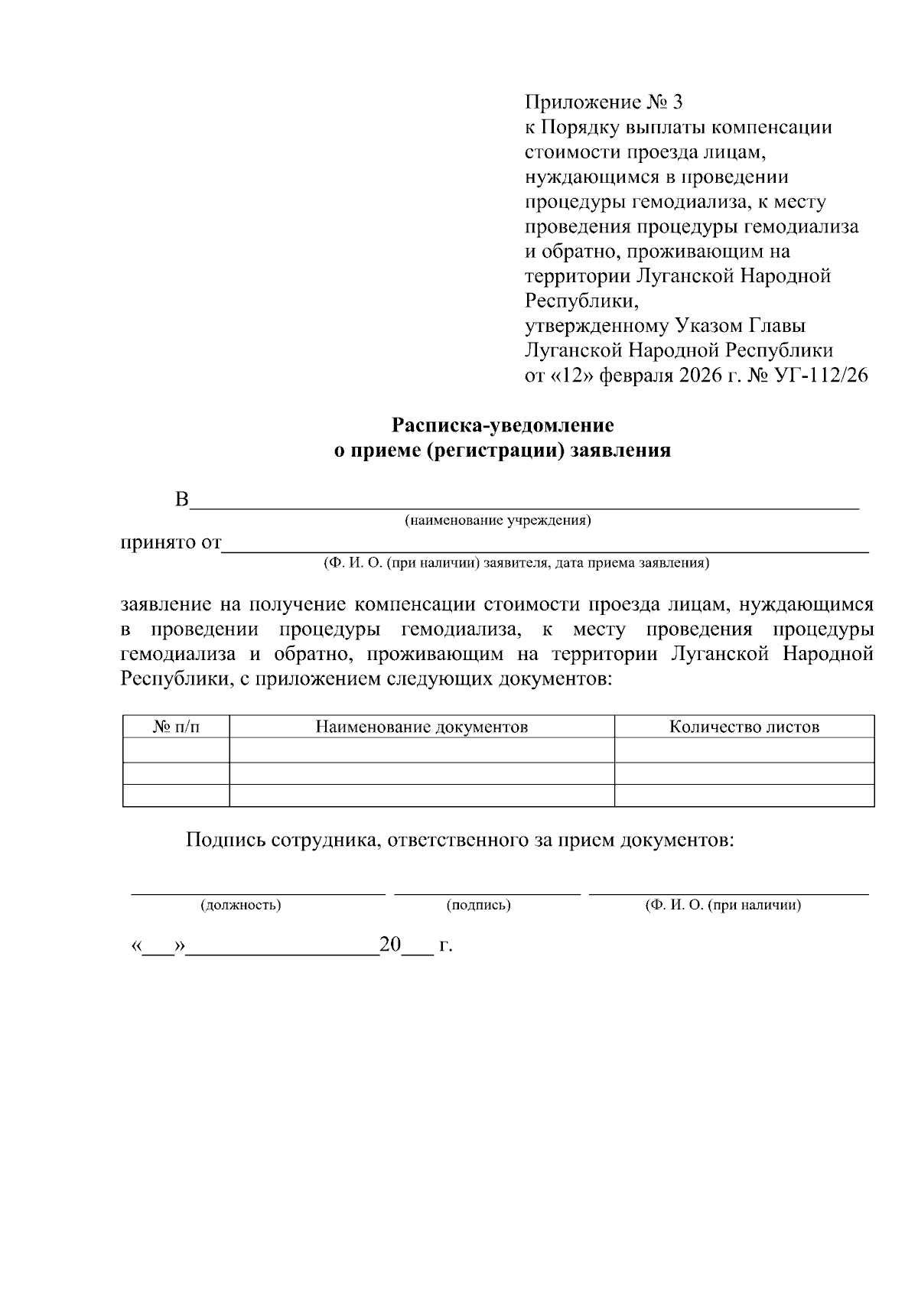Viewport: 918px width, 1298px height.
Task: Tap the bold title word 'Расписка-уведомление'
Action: point(503,425)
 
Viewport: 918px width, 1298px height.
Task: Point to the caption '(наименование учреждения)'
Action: point(498,521)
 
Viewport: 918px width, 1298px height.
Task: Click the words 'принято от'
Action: point(170,544)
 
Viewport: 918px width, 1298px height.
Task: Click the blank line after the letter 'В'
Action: point(524,506)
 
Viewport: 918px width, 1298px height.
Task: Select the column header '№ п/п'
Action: point(176,727)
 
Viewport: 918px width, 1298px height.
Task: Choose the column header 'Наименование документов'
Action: point(422,727)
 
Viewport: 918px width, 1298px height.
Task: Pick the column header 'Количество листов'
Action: point(744,727)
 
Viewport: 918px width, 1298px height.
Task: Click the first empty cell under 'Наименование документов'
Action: point(422,750)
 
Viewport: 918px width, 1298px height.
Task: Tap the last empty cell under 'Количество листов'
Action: point(744,795)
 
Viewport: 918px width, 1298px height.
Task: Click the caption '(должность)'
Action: point(240,906)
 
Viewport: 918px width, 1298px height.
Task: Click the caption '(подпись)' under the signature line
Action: point(478,906)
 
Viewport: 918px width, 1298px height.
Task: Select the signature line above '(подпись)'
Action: point(487,892)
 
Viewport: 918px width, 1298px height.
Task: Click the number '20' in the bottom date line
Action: point(390,945)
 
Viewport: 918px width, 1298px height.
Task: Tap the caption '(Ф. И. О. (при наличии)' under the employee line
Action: point(722,906)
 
